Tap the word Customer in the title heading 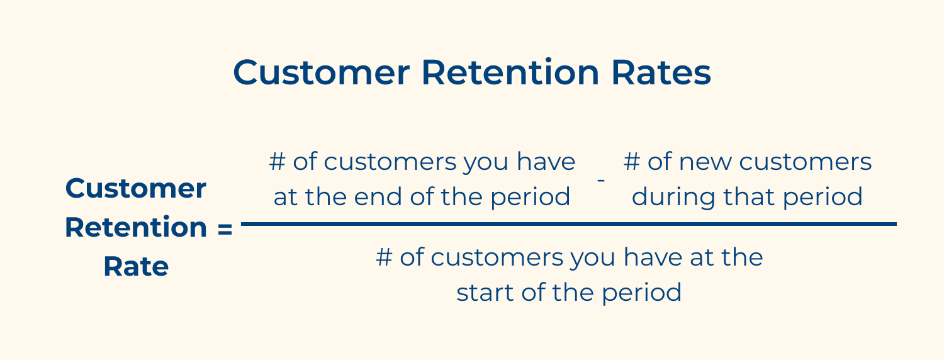(321, 73)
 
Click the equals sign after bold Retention (225, 228)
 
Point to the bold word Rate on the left (136, 267)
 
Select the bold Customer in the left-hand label (136, 189)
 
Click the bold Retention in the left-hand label (136, 228)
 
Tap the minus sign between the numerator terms (601, 181)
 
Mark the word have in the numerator (546, 162)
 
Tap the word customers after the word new (806, 162)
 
